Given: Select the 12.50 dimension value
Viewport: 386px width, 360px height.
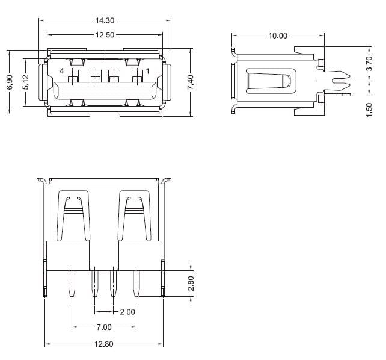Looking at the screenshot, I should (x=105, y=35).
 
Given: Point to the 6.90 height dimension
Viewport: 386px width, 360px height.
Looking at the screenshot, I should (x=10, y=82).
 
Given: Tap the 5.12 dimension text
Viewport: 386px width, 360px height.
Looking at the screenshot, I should (x=25, y=82).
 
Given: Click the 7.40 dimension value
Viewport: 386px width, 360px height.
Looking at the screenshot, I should (x=191, y=82).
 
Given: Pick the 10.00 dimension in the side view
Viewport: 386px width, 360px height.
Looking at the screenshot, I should (x=277, y=36).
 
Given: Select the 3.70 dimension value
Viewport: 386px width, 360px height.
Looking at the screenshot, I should (x=369, y=64).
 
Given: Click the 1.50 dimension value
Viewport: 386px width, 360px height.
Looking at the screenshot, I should (x=369, y=110).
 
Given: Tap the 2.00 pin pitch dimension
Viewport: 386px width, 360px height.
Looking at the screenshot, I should (x=127, y=312).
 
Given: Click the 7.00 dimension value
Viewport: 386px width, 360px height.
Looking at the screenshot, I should (x=103, y=327).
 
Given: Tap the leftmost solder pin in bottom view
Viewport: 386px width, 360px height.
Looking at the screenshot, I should (x=72, y=283).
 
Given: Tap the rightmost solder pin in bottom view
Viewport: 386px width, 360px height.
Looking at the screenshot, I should (x=135, y=283).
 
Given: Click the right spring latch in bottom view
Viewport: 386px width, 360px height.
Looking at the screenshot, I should (x=135, y=217).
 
